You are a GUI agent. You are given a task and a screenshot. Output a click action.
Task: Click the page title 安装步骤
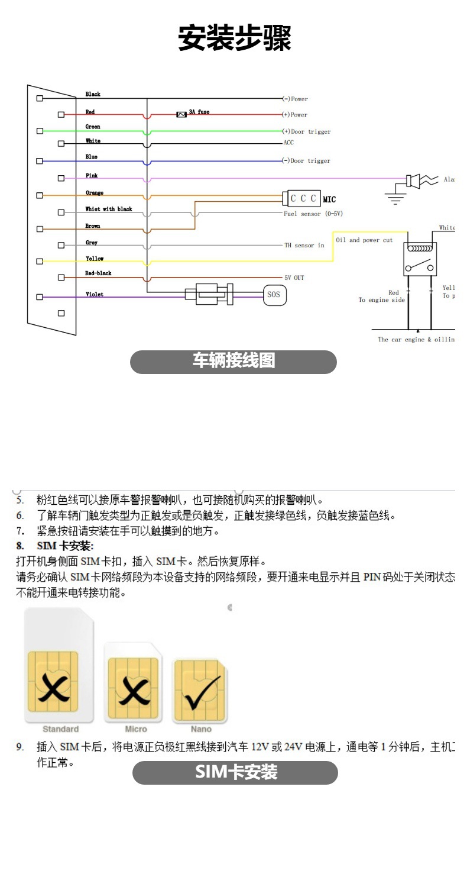[235, 38]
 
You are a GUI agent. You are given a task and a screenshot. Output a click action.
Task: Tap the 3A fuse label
[199, 112]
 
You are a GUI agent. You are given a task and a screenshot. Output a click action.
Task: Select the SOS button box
[273, 294]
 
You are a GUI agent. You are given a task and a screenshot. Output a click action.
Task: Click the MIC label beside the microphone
[329, 200]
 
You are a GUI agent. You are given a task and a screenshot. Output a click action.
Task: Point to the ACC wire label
[288, 143]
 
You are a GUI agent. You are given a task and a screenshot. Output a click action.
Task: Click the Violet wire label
[95, 294]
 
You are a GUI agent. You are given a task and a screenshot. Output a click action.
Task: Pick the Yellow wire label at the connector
[95, 259]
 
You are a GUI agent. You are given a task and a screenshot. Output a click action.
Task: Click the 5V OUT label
[294, 278]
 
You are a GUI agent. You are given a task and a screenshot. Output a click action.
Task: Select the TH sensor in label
[304, 245]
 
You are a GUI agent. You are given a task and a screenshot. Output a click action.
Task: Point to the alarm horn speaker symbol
[416, 180]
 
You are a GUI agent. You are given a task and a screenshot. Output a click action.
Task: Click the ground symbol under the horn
[395, 198]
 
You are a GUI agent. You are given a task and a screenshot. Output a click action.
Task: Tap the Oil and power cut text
[364, 240]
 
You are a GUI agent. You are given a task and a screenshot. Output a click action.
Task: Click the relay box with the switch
[420, 260]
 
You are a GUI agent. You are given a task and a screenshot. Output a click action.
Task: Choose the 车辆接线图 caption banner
[234, 362]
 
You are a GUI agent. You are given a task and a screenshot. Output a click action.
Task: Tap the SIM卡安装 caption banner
[235, 772]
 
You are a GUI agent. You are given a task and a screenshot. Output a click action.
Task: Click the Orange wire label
[95, 193]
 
